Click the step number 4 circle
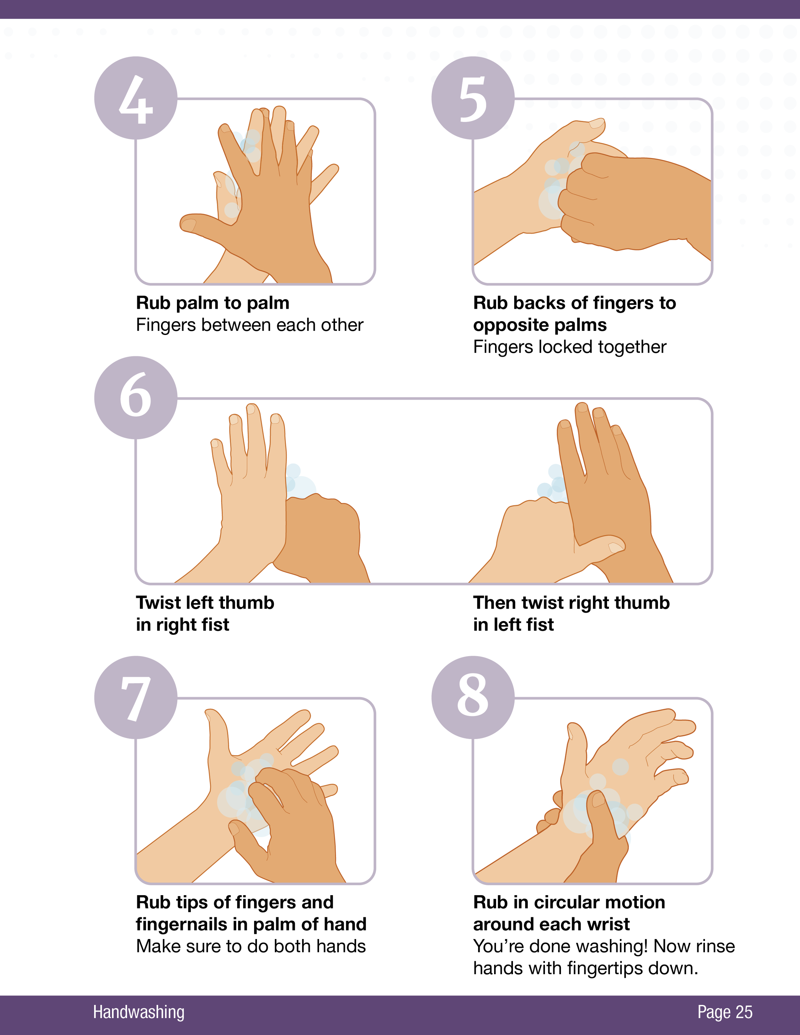136,98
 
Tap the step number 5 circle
473,98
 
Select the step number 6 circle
136,398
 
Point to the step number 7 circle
136,697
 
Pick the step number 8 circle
473,697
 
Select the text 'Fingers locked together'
570,347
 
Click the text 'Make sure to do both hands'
251,946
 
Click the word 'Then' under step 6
494,603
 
